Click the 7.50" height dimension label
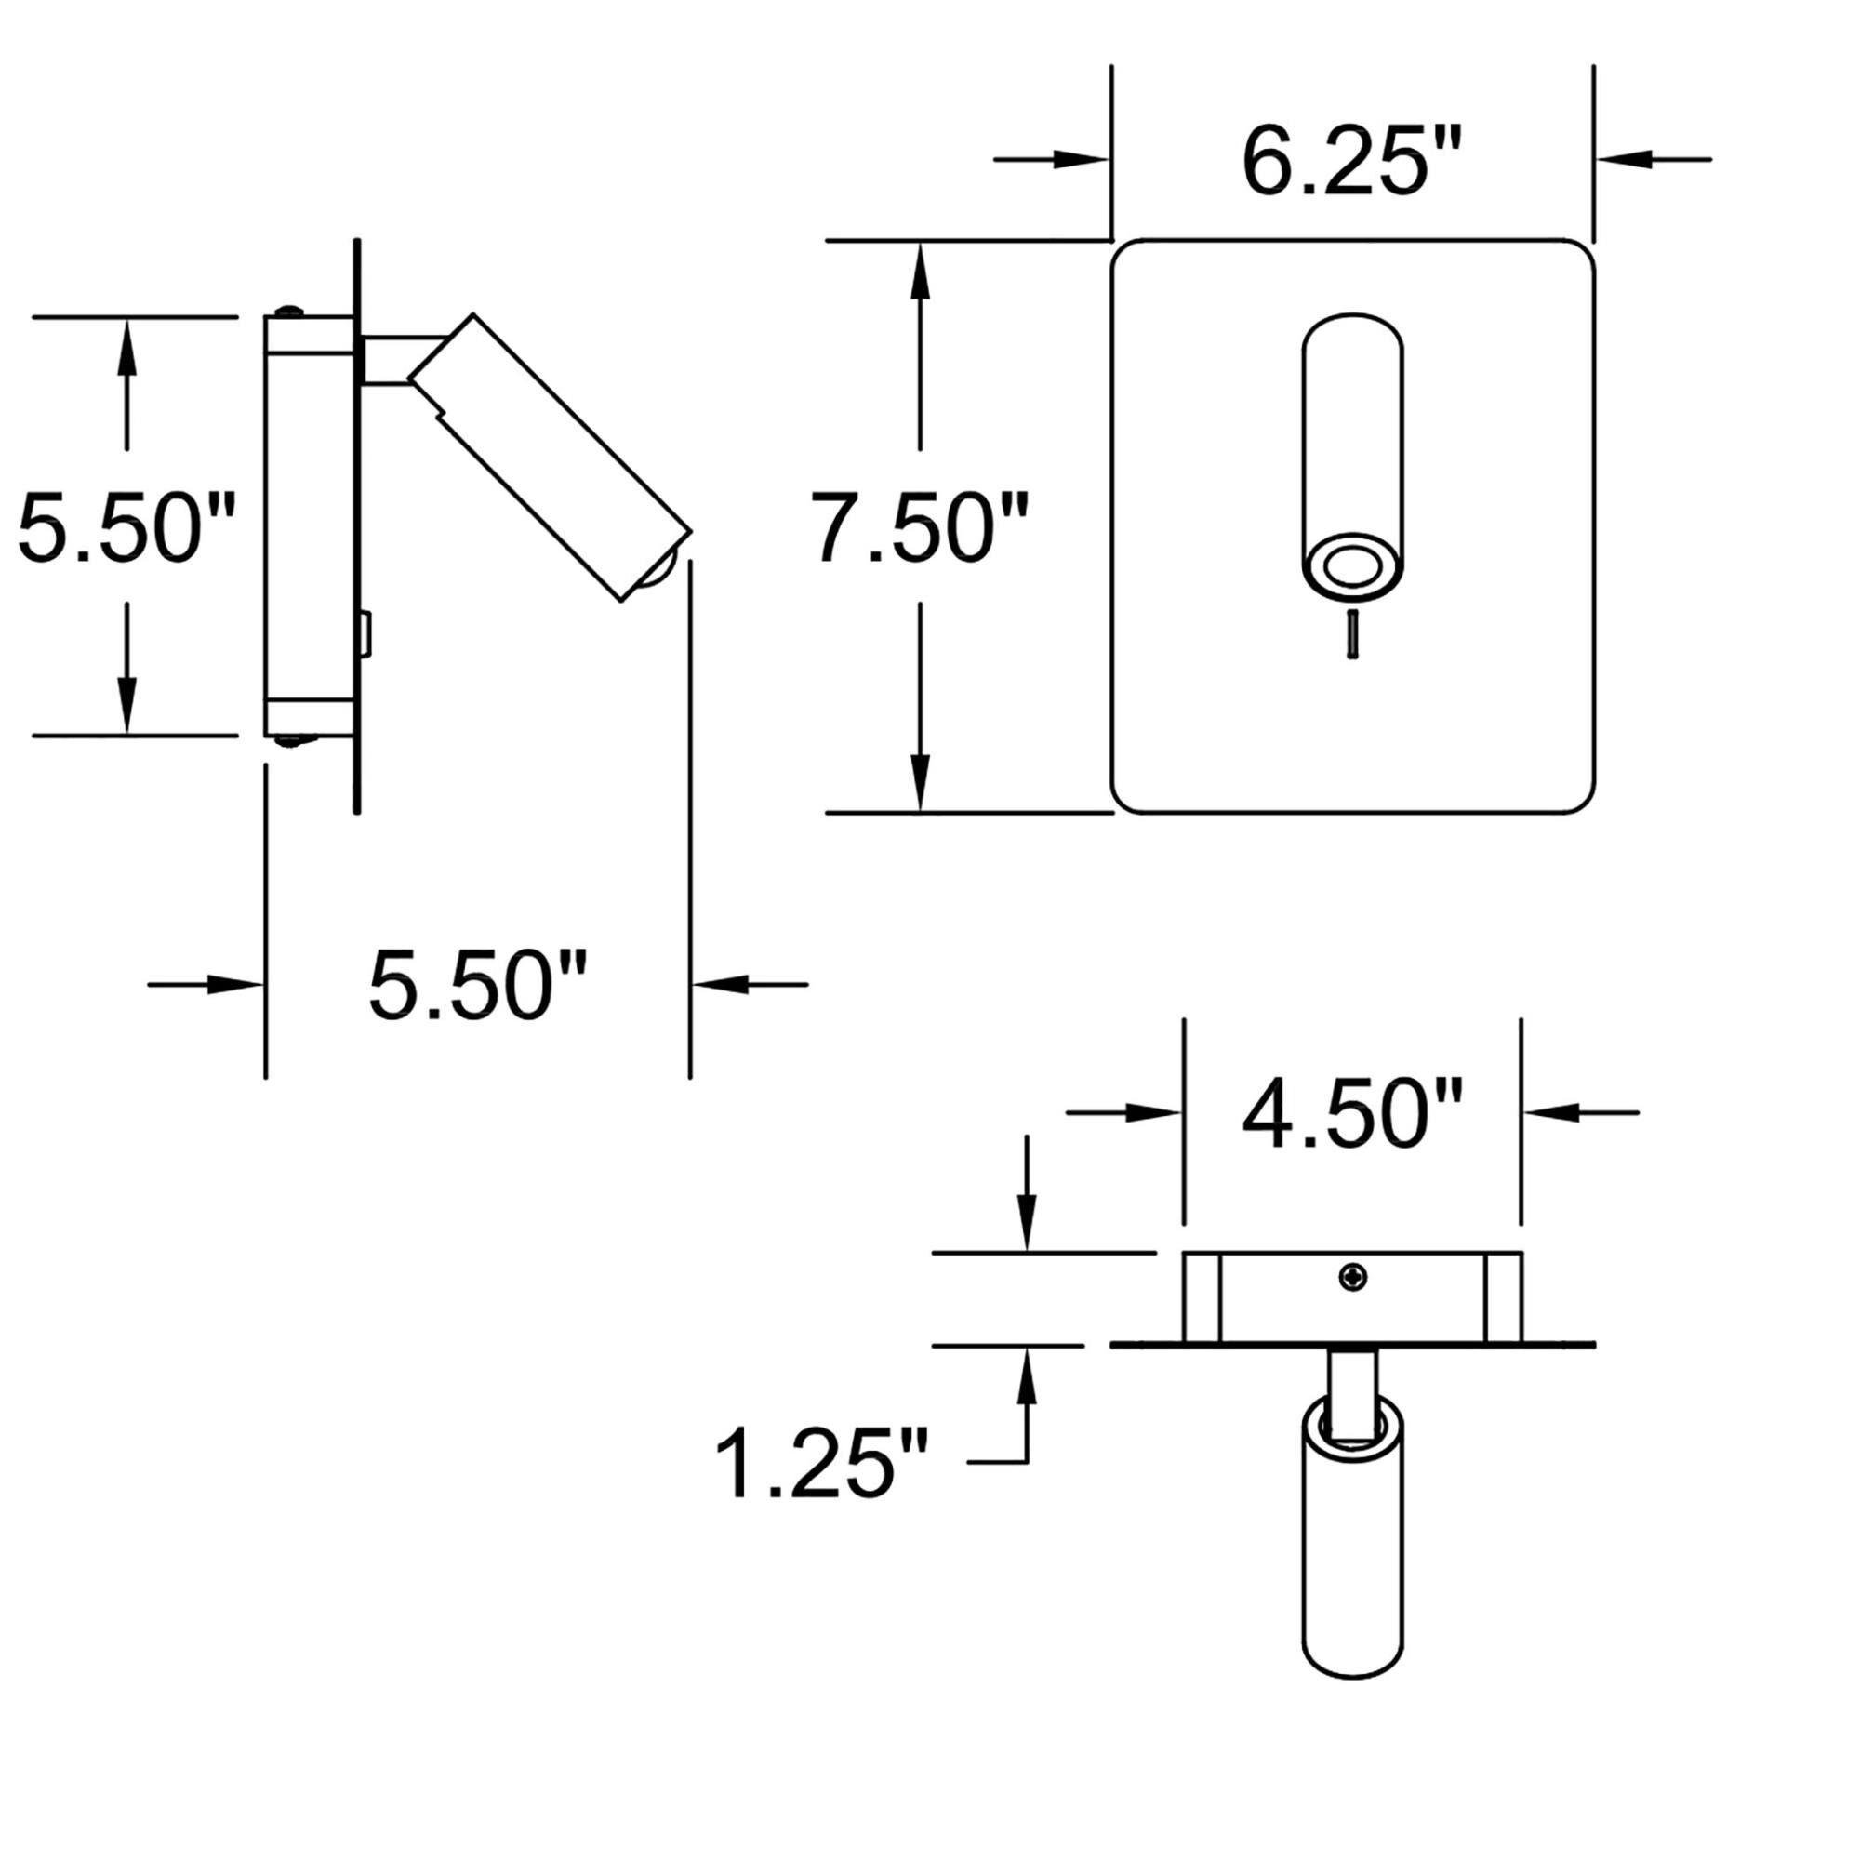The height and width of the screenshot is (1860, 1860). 920,527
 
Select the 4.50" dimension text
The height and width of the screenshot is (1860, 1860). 1351,1116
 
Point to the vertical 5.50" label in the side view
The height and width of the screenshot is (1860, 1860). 126,527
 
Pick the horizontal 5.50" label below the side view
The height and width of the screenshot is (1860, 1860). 477,985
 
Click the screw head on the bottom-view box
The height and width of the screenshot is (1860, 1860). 1353,1278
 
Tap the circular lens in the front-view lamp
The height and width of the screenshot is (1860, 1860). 1351,565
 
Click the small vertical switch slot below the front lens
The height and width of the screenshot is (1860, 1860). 1352,635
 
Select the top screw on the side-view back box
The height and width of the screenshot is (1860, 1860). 288,311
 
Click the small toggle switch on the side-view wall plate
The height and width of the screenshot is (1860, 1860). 365,635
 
